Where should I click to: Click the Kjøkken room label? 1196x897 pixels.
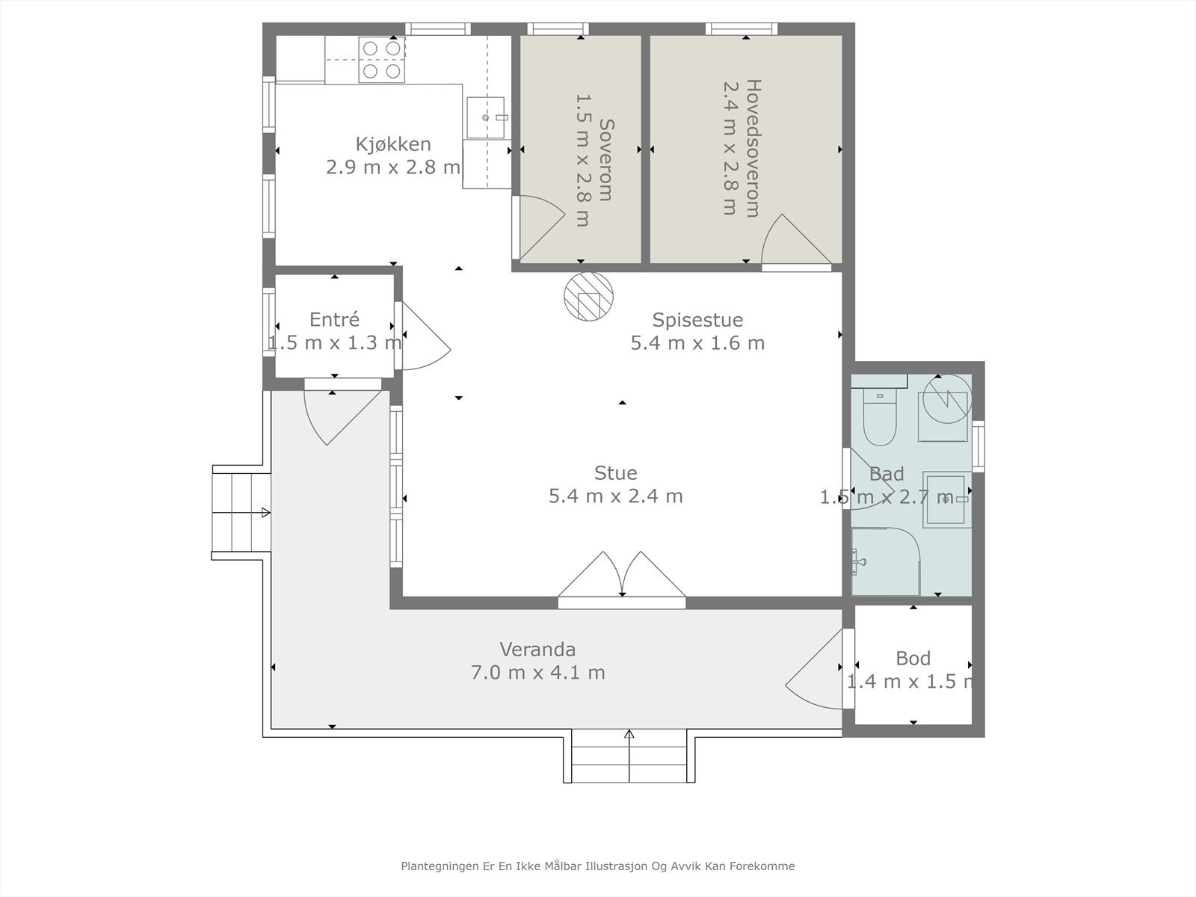(393, 144)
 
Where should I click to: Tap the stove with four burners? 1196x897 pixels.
(381, 60)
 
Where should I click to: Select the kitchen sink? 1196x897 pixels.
(485, 118)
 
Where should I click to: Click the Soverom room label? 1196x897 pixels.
(605, 160)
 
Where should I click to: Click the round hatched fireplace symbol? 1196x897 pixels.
(588, 296)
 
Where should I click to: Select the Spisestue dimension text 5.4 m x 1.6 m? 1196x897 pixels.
(697, 343)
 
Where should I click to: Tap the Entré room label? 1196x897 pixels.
(334, 319)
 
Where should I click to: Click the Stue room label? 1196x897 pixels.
(615, 472)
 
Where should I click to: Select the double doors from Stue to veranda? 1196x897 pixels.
(622, 577)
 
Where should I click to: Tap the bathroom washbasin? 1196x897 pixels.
(947, 499)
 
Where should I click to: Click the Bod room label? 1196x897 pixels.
(913, 658)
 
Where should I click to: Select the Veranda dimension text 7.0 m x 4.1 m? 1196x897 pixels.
(537, 672)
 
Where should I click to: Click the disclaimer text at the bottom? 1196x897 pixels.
(597, 866)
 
